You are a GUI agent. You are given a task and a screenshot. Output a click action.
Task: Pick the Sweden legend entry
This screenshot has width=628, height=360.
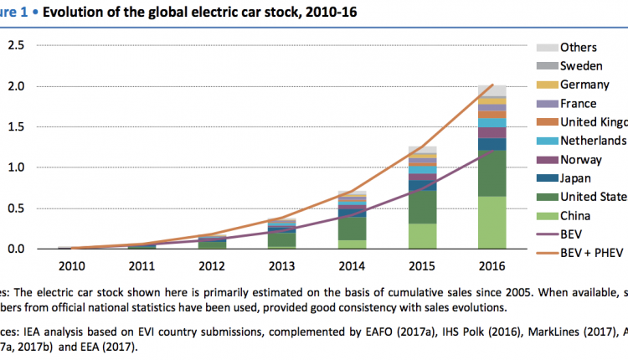pos(583,66)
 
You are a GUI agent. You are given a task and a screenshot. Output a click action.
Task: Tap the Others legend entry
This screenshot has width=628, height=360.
pos(579,48)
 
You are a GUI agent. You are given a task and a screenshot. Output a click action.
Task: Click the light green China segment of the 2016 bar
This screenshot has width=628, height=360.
pos(492,223)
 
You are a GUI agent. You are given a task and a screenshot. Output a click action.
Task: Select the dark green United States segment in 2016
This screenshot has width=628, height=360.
pos(492,172)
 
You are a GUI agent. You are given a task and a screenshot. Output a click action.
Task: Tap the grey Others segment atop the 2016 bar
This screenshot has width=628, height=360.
pos(492,90)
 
